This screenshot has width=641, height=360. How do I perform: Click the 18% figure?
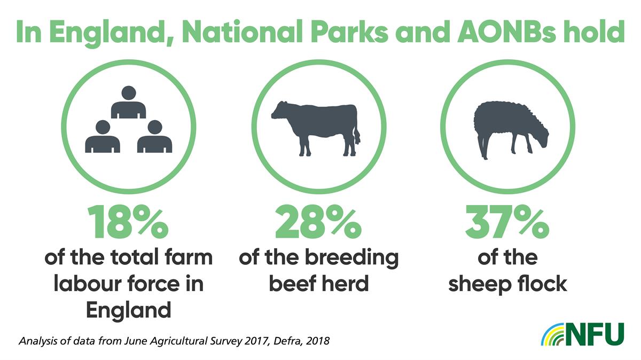[x=128, y=222]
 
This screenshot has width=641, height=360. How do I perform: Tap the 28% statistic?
[x=318, y=222]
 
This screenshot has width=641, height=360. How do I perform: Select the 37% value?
[x=507, y=222]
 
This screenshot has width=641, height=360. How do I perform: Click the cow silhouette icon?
[x=316, y=128]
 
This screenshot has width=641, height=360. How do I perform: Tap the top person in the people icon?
[x=129, y=102]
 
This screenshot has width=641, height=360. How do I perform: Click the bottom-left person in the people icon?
[x=103, y=136]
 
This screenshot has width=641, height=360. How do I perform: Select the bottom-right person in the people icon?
[x=154, y=136]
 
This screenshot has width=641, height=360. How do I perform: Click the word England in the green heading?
[x=112, y=32]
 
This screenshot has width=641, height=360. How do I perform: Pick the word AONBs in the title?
[x=506, y=31]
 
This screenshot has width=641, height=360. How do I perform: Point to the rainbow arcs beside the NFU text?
[x=552, y=334]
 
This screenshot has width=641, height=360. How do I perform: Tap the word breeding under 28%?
[x=351, y=257]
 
